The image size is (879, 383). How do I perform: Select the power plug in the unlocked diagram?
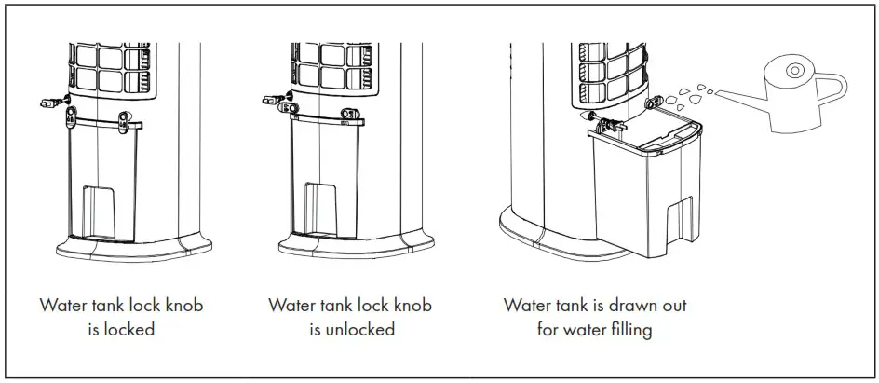(271, 97)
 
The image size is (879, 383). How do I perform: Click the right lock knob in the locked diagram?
(126, 116)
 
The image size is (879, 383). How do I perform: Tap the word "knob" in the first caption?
(182, 305)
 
